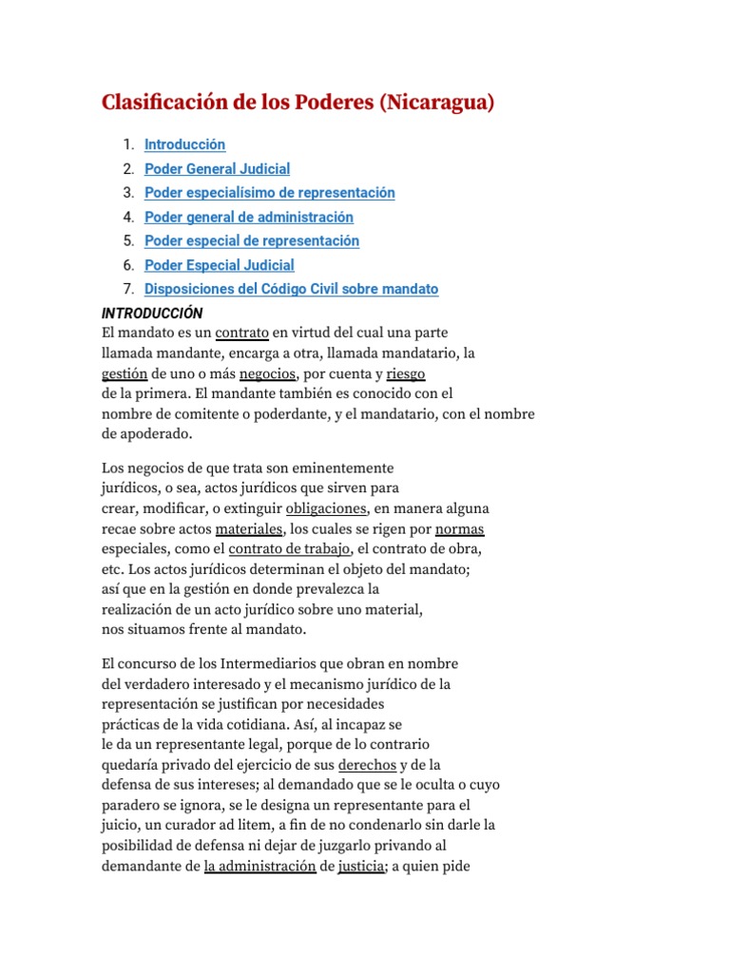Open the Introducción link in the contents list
[x=184, y=144]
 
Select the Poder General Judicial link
[x=217, y=169]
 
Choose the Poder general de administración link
[x=248, y=218]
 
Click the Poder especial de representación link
[x=251, y=241]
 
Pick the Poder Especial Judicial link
[x=219, y=265]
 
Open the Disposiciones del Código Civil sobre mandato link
[x=291, y=290]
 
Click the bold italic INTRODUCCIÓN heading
[x=152, y=313]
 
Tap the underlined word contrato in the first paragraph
[x=241, y=333]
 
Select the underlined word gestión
[x=124, y=374]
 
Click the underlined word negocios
[x=267, y=374]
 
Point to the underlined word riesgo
[x=406, y=374]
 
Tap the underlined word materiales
[x=249, y=528]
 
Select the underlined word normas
[x=460, y=528]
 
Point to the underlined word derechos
[x=367, y=765]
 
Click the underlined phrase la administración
[x=259, y=867]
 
